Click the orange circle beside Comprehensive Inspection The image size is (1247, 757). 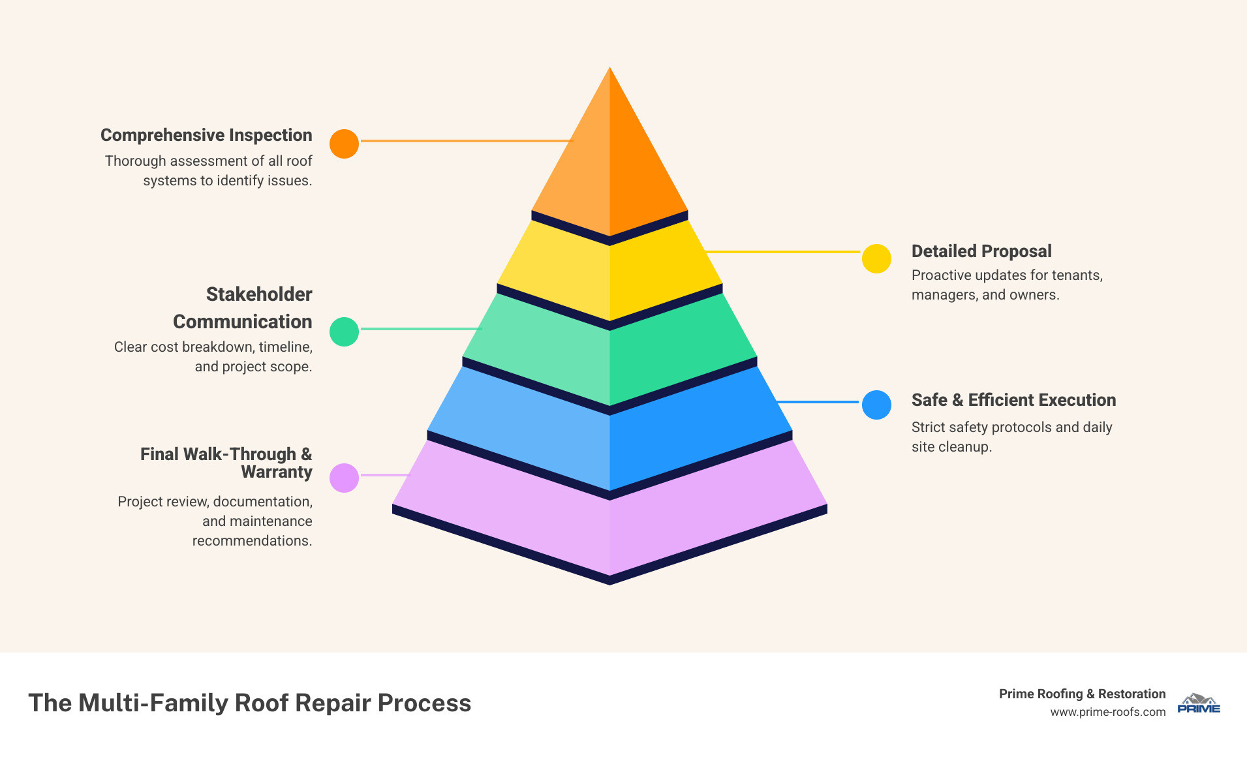coord(344,144)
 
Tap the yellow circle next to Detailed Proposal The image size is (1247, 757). coord(876,258)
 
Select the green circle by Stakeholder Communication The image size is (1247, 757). coord(344,332)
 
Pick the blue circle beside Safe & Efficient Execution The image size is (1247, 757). coord(876,405)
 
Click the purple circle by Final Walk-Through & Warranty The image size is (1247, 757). coord(344,478)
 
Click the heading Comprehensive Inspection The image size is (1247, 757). coord(206,135)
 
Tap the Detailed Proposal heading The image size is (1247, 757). coord(981,251)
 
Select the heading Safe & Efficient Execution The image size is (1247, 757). coord(1013,400)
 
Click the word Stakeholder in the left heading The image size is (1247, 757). coord(259,294)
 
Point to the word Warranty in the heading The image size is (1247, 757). coord(277,472)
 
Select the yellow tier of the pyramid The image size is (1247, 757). coord(609,274)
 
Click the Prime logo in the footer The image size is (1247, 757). coord(1198,703)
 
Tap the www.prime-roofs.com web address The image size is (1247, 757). coord(1107,712)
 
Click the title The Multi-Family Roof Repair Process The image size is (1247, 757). coord(249,703)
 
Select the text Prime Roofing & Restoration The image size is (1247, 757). coord(1082,694)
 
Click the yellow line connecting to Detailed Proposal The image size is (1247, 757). coord(783,251)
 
